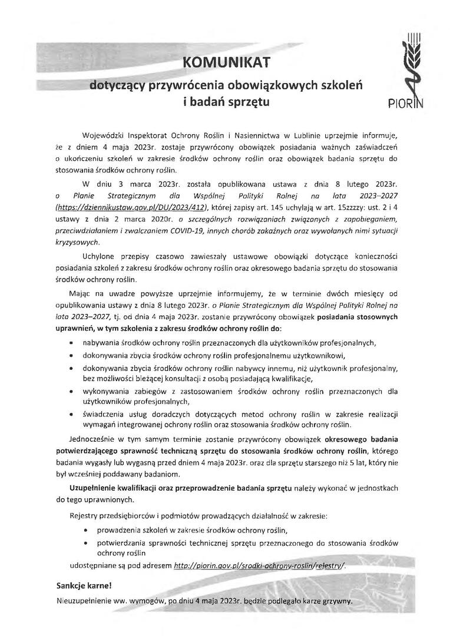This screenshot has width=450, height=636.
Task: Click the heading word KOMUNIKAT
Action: pyautogui.click(x=226, y=62)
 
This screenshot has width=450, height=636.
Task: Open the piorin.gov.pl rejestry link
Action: pyautogui.click(x=259, y=565)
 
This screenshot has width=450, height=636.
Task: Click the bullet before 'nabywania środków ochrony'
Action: pyautogui.click(x=71, y=342)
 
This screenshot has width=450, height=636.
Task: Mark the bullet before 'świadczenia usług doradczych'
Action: pyautogui.click(x=71, y=414)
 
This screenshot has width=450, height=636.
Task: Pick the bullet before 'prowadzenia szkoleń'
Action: pyautogui.click(x=88, y=530)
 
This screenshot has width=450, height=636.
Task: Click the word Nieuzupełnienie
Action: pyautogui.click(x=86, y=602)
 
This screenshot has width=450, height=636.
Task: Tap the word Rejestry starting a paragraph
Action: pyautogui.click(x=85, y=515)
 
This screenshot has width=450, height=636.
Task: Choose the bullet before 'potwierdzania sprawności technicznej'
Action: pyautogui.click(x=88, y=542)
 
